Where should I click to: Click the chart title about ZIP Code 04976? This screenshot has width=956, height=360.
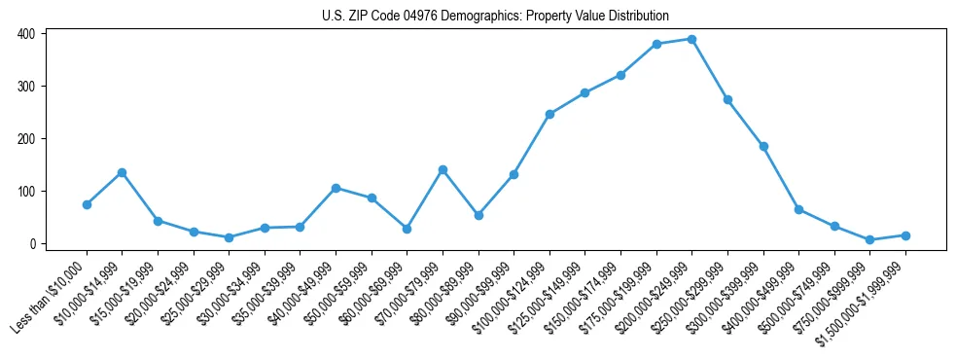click(495, 16)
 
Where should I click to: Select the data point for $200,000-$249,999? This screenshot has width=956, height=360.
click(691, 39)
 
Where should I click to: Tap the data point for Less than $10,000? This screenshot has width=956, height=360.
click(87, 204)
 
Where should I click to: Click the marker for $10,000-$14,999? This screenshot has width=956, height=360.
click(122, 172)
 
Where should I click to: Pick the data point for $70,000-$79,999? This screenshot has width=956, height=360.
click(443, 169)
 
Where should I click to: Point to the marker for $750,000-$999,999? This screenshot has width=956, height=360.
click(869, 239)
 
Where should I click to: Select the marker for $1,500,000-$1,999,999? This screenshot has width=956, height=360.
click(905, 235)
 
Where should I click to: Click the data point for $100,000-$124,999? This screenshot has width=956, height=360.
click(549, 114)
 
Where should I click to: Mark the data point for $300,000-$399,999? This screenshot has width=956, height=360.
click(763, 146)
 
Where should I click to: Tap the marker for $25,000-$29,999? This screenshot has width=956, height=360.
click(229, 237)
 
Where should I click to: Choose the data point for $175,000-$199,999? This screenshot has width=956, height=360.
click(656, 44)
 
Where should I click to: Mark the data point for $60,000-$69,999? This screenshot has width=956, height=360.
click(407, 229)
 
